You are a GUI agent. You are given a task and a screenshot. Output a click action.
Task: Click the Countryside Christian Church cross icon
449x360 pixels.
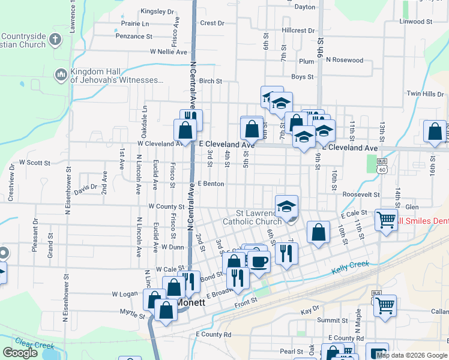(x=55, y=40)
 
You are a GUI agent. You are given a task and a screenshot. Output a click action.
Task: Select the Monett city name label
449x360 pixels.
(x=192, y=303)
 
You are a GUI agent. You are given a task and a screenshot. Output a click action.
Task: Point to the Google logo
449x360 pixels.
(x=20, y=353)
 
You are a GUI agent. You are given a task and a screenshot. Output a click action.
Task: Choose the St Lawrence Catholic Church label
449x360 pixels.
(x=252, y=217)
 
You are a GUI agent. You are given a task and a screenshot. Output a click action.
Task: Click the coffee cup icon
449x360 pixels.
(x=259, y=262)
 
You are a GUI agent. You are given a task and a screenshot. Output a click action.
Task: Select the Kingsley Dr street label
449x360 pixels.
(x=157, y=11)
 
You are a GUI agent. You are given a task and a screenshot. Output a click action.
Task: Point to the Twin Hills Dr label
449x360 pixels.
(x=425, y=94)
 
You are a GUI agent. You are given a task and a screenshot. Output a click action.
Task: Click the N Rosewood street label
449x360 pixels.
(x=344, y=60)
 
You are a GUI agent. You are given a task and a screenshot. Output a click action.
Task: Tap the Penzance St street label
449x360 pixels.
(x=134, y=37)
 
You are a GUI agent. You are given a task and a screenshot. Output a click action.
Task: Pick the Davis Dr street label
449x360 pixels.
(x=86, y=189)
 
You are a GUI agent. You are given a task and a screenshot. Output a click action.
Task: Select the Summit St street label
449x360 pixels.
(x=328, y=320)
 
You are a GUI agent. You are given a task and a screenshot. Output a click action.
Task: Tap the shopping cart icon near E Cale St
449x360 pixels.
(x=386, y=220)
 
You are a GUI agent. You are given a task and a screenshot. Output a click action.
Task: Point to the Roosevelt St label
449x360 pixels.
(x=361, y=194)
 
